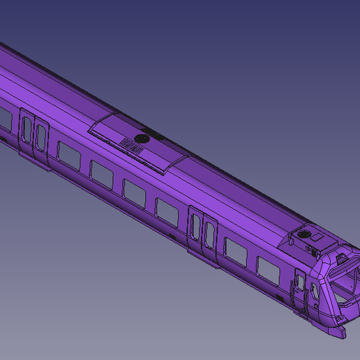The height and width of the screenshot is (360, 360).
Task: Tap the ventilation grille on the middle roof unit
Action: [130, 145]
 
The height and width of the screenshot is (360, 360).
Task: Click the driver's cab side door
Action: [299, 285]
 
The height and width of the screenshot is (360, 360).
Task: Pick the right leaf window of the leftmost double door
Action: [40, 134]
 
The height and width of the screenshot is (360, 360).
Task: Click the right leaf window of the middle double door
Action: [209, 232]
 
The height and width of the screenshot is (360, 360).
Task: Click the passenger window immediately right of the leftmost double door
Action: [68, 156]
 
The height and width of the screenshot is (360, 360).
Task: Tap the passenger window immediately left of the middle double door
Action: [167, 211]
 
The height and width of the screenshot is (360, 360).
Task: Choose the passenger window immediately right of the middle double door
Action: [235, 251]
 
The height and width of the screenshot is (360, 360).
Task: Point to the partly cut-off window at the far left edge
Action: [5, 118]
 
